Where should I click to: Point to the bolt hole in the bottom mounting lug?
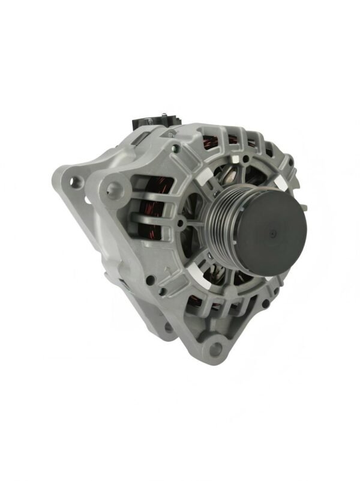coord(213,347)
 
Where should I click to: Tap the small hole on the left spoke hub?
coord(179,224)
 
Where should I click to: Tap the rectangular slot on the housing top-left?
coord(139,140)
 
